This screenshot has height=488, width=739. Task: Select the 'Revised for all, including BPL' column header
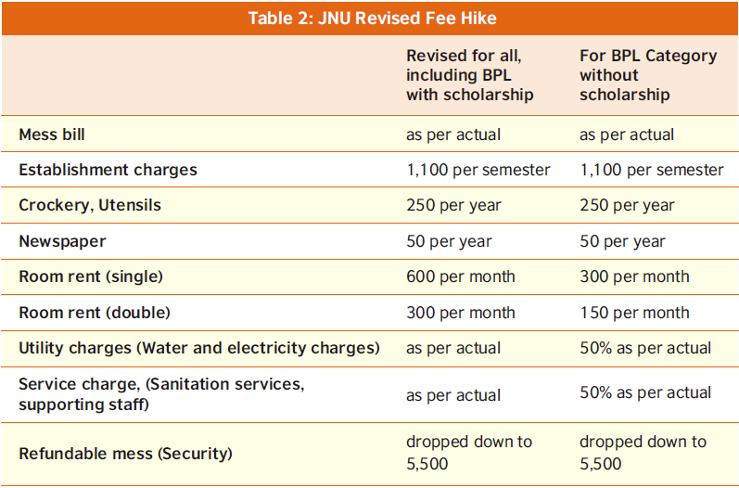pos(469,75)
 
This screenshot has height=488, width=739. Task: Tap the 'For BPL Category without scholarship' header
pos(647,75)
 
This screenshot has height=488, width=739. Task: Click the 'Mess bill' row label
pos(52,135)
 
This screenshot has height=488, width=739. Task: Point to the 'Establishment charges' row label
pos(108,170)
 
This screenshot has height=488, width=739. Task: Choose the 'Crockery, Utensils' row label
pos(90,205)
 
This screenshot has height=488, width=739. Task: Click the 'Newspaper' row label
pos(62,241)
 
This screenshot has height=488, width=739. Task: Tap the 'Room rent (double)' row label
pos(95,313)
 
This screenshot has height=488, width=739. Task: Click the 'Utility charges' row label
pos(199,348)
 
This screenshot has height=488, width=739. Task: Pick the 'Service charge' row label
pos(161,393)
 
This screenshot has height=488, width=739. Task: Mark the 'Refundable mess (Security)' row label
pos(125,454)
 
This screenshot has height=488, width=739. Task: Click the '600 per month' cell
pos(460,276)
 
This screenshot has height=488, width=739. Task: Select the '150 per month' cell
pos(634,313)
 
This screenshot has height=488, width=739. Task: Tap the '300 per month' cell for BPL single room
pos(634,276)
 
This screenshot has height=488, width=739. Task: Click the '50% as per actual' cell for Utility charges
pos(645,348)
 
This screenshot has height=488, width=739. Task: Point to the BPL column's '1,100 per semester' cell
pos(651,170)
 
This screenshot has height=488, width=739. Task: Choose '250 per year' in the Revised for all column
pos(453,205)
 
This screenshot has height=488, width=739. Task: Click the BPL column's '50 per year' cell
pos(622,241)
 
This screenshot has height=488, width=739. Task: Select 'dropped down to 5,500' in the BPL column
pos(643,453)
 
